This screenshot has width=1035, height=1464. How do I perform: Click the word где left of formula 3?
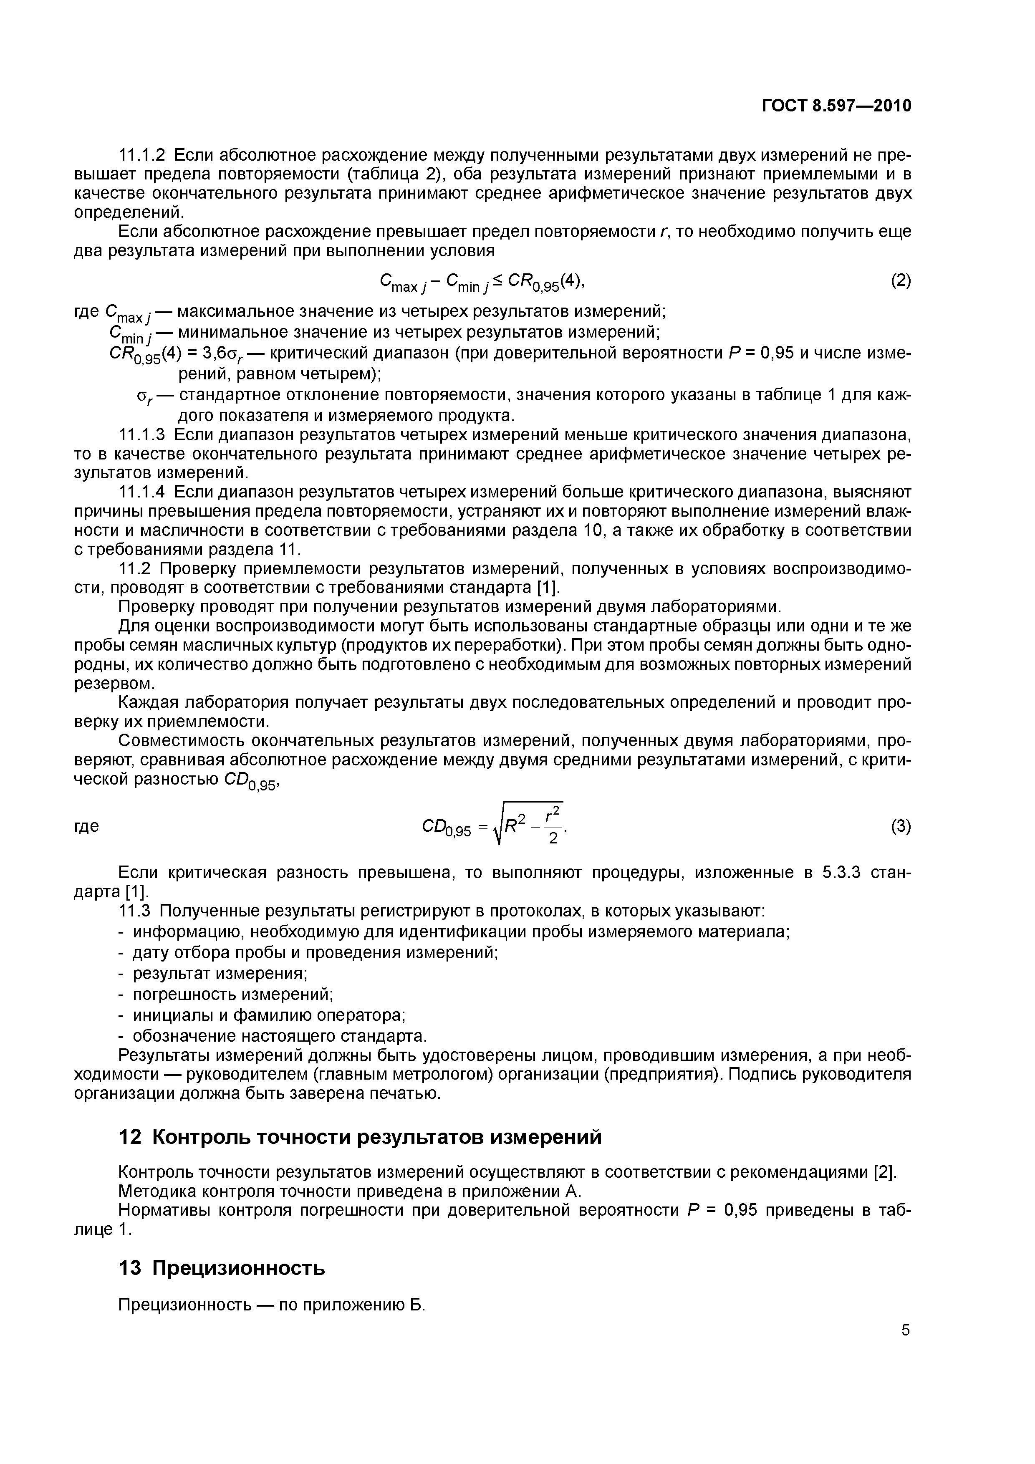coord(87,826)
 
